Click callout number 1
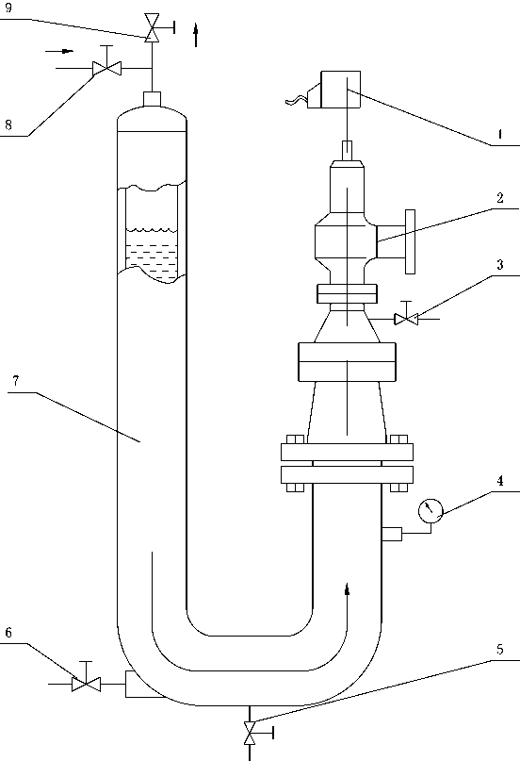[x=499, y=134]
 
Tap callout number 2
[x=499, y=197]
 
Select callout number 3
[x=499, y=264]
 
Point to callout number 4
[x=499, y=481]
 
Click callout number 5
[x=499, y=650]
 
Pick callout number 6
[x=8, y=633]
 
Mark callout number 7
[x=15, y=381]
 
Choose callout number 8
[x=8, y=124]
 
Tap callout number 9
[x=8, y=8]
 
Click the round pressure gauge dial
[x=431, y=511]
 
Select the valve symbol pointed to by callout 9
[x=154, y=27]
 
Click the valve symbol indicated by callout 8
[x=106, y=68]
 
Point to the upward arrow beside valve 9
[x=196, y=35]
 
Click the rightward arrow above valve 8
[x=60, y=51]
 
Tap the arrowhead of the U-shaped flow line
[x=347, y=588]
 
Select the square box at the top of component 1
[x=341, y=90]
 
